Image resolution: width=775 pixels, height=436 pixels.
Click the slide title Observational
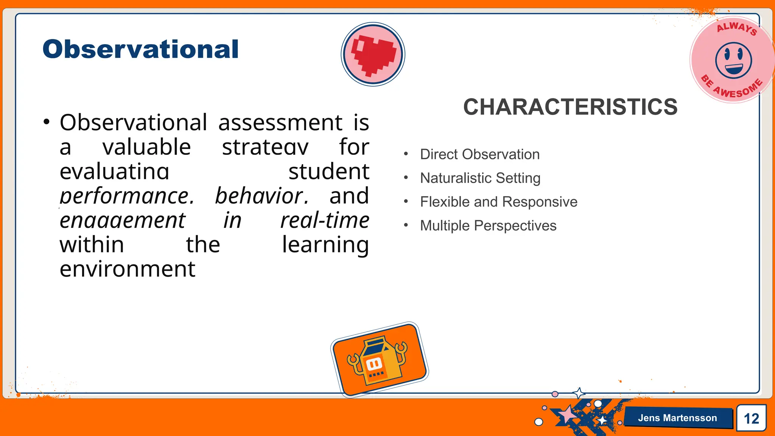140,50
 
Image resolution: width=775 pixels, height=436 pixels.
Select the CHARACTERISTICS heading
570,107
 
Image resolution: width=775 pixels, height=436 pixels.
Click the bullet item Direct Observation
479,154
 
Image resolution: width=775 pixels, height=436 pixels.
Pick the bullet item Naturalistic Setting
480,178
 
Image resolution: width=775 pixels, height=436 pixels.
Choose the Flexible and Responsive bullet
498,202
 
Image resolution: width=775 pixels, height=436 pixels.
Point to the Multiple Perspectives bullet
488,226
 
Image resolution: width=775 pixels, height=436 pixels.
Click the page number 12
751,419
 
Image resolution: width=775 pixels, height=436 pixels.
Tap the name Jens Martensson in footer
677,418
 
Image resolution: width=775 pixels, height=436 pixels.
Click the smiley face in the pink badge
733,60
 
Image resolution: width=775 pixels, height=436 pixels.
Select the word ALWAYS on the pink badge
736,28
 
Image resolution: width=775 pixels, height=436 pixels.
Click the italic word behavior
261,196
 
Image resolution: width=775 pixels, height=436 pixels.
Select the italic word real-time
325,220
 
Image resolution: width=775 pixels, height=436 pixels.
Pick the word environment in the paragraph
128,269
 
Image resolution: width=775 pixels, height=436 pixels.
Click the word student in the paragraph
328,171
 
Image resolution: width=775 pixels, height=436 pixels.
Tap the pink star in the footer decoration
568,415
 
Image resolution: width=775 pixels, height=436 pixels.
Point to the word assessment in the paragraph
280,123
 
